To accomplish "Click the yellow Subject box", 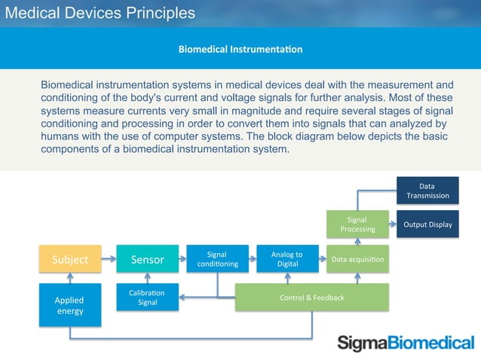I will [x=69, y=259].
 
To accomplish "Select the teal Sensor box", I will [x=148, y=259].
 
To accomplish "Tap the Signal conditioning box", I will [x=217, y=259].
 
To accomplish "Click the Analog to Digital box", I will [x=287, y=259].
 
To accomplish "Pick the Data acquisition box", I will [x=357, y=259].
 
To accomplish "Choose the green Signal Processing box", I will [x=357, y=224].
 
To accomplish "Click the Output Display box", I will [x=427, y=224].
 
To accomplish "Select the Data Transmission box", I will [x=427, y=190].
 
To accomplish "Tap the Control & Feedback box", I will [x=312, y=297].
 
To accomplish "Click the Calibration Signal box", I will [x=148, y=297].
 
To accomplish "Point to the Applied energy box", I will [x=69, y=305].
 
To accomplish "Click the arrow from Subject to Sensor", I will [x=109, y=259].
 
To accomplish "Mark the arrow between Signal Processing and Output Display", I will [x=393, y=224].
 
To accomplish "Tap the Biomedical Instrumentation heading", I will [x=240, y=50].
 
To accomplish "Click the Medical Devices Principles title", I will [x=101, y=13].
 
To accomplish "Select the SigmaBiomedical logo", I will [x=406, y=343].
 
